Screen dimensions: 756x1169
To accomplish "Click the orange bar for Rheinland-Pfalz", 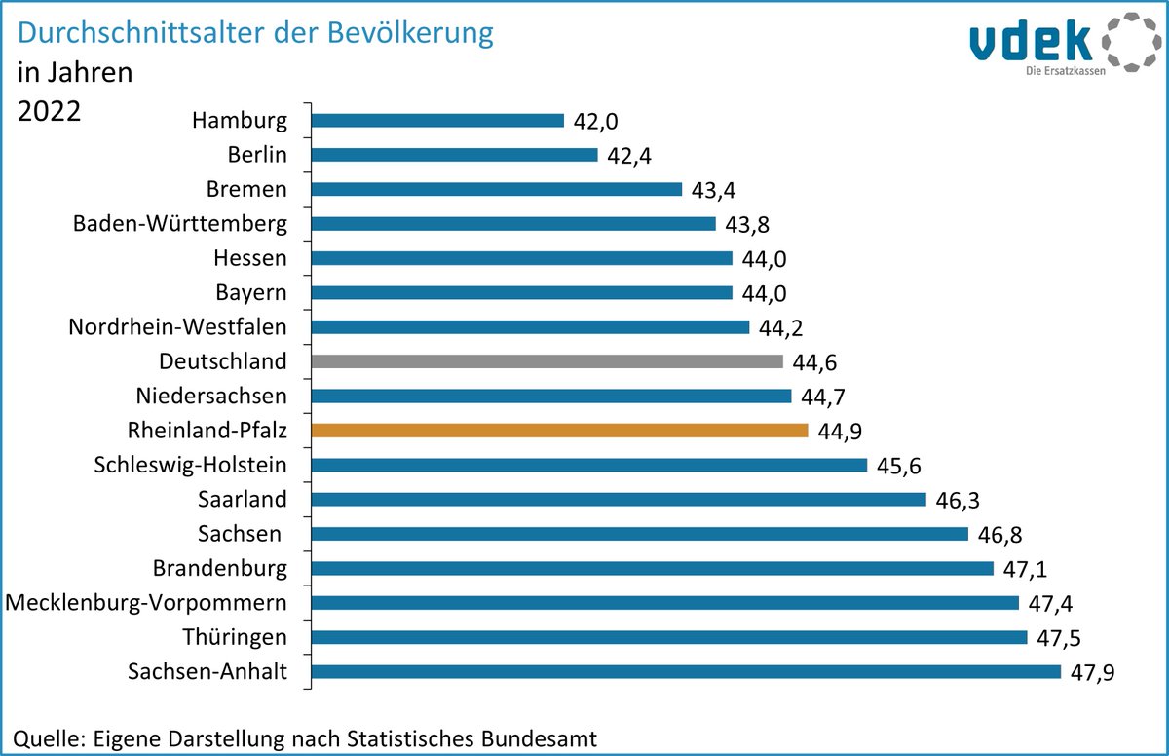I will [559, 431].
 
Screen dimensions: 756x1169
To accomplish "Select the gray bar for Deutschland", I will [547, 361].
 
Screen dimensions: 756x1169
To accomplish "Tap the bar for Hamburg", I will [437, 121].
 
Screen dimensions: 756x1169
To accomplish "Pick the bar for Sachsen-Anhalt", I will [686, 671].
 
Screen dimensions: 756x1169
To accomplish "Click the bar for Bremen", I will [496, 189].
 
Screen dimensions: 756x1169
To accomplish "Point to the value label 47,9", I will [1090, 673].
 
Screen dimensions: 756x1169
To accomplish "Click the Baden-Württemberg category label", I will [180, 224].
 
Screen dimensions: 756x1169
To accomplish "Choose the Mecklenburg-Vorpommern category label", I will [146, 603].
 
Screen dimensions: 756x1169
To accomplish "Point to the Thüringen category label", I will [235, 637].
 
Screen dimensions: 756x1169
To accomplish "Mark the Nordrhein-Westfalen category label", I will [177, 327].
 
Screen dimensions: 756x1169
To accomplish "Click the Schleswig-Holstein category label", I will [191, 465].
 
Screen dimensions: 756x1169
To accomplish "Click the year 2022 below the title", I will [49, 110].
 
